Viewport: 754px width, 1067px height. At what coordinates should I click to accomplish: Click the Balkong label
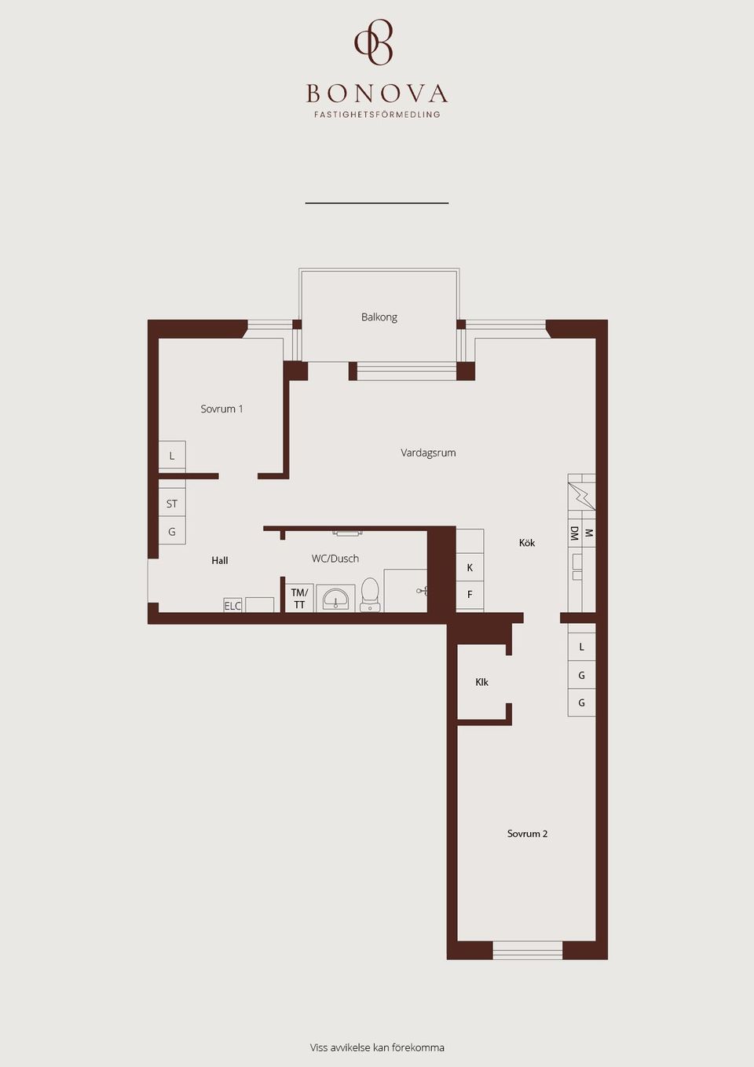pos(379,317)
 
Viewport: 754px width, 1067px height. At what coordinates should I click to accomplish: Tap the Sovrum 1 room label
pos(221,409)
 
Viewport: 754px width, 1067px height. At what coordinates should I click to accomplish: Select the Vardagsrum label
pos(428,453)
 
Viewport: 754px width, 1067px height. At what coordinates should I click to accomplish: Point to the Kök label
pos(527,543)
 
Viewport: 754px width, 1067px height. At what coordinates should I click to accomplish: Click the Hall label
pos(220,560)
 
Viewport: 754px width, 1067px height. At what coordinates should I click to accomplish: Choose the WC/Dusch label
pos(335,559)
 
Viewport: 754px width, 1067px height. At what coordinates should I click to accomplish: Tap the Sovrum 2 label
pos(527,834)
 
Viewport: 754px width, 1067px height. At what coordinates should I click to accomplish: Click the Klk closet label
pos(481,682)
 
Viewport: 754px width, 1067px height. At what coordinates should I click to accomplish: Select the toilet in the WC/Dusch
pos(370,595)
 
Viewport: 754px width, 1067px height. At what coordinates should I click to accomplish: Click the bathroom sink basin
pos(336,599)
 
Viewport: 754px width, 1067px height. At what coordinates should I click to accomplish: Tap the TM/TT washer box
pos(299,599)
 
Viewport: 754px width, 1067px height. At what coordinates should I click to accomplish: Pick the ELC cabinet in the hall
pos(232,606)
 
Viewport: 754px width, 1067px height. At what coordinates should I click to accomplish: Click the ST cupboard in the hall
pos(172,504)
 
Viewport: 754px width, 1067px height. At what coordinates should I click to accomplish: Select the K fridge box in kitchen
pos(470,568)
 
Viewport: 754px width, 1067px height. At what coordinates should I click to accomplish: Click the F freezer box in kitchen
pos(470,595)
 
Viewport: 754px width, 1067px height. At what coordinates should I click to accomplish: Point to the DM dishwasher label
pos(574,533)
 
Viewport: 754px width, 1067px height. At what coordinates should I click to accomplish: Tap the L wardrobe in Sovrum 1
pos(172,456)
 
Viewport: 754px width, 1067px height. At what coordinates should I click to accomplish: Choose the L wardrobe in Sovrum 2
pos(581,647)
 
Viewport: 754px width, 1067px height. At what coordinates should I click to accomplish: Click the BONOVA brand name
pos(377,94)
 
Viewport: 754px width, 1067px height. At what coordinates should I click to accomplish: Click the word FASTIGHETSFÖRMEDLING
pos(377,115)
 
